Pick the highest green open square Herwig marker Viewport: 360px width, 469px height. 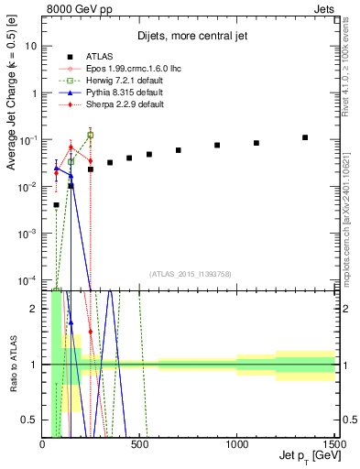point(90,135)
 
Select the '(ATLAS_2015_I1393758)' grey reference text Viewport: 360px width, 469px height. point(190,273)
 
